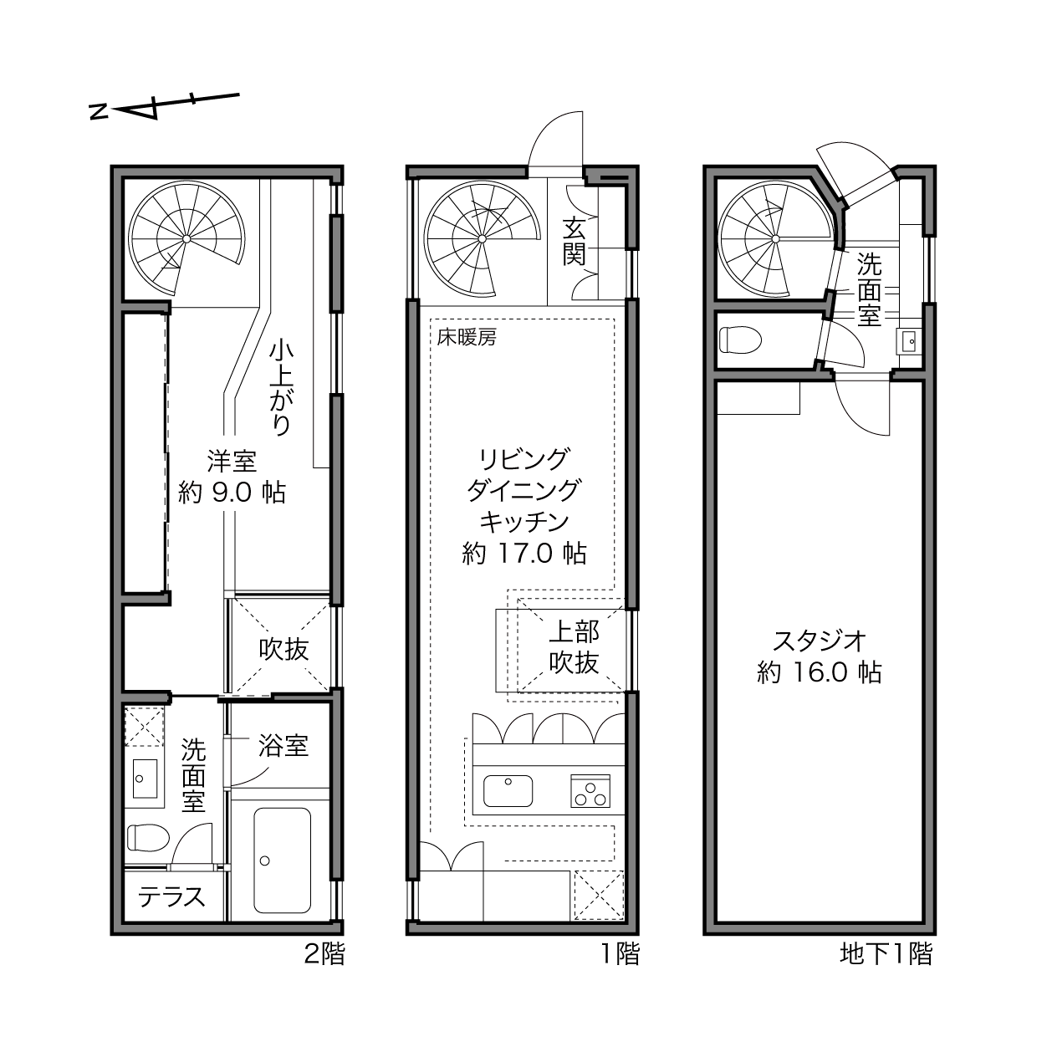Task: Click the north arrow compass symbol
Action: (x=164, y=106)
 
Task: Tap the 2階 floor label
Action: (x=324, y=953)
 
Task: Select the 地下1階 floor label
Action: (x=886, y=953)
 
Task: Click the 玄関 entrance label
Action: (x=574, y=241)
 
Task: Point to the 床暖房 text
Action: (x=467, y=337)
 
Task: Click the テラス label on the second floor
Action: (x=171, y=896)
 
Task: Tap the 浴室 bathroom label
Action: (x=283, y=745)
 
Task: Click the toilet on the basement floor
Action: (x=740, y=340)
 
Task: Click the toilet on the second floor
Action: (x=148, y=837)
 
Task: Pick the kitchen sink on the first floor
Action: (x=508, y=791)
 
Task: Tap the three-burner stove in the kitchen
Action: (x=590, y=790)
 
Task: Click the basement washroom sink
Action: (x=909, y=341)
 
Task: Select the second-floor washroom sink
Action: (x=145, y=779)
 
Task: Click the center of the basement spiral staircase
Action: (x=774, y=239)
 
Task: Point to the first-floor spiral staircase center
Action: (x=482, y=239)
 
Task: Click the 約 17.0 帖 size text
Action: (x=524, y=554)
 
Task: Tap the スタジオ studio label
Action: (x=820, y=641)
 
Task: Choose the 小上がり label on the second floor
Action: (x=282, y=388)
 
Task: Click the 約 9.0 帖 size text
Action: (x=232, y=493)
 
